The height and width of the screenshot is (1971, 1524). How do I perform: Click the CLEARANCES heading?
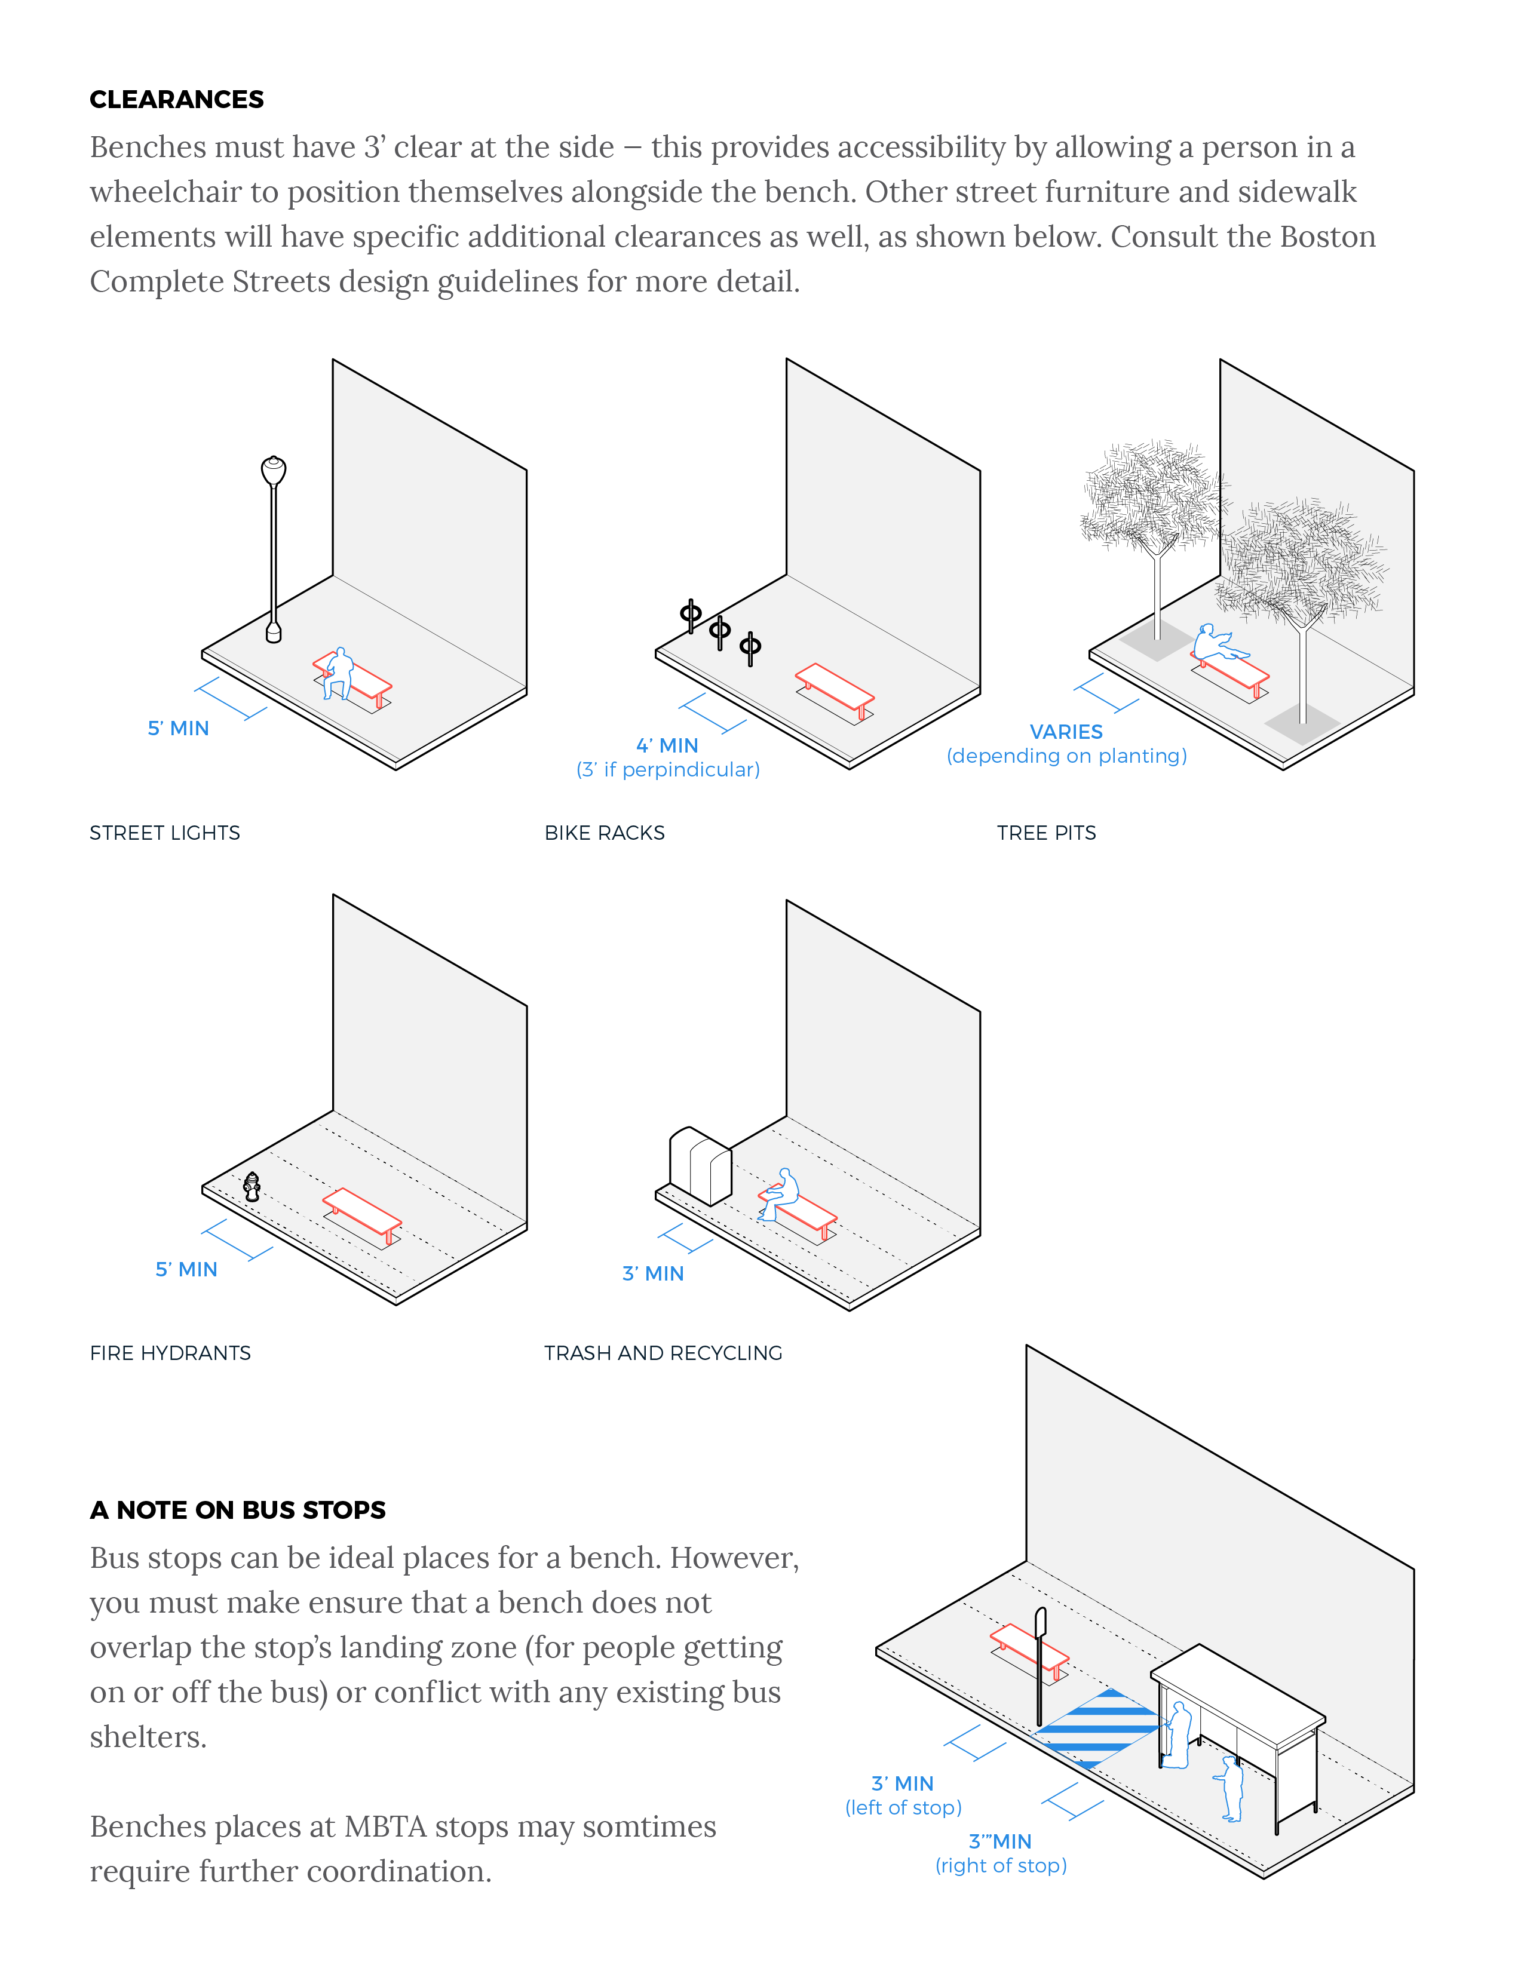176,99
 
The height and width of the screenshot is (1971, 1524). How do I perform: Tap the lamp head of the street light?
274,470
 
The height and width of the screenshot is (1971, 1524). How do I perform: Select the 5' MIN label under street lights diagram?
178,728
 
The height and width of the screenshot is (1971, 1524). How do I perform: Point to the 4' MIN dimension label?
667,745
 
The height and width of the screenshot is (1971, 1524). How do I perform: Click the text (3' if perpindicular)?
668,770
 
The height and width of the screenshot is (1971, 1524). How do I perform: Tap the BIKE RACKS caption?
604,833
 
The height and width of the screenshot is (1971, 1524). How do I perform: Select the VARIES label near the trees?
1066,732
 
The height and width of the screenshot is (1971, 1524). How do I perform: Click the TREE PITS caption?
1047,833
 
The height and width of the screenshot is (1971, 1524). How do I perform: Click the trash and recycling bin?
701,1166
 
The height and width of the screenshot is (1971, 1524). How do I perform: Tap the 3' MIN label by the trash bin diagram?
653,1273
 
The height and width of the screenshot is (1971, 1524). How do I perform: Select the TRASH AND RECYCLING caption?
663,1353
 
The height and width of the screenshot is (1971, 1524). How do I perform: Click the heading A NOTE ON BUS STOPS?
237,1510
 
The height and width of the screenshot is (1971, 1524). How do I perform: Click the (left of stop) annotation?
903,1808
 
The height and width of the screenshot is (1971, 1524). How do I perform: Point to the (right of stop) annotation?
1000,1865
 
